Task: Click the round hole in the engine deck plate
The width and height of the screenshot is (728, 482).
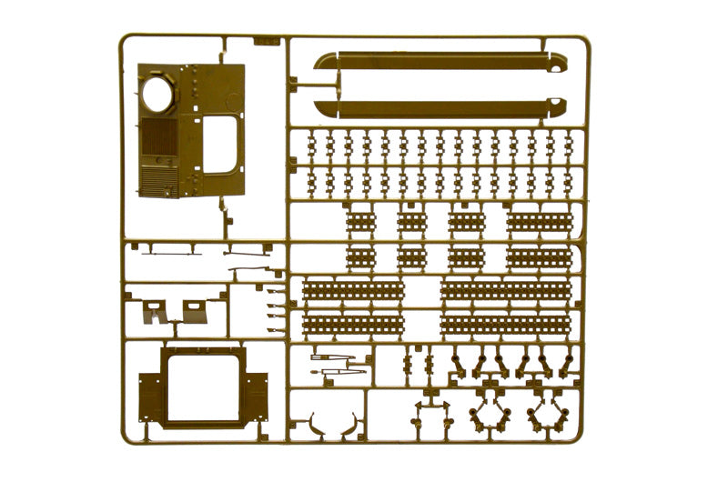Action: pyautogui.click(x=158, y=94)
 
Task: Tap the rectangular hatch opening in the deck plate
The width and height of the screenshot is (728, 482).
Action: pyautogui.click(x=220, y=146)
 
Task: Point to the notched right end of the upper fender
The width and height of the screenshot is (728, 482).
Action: pyautogui.click(x=557, y=62)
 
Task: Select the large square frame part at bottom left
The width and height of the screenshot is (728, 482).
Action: pyautogui.click(x=203, y=387)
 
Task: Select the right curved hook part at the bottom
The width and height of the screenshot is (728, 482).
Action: pyautogui.click(x=348, y=423)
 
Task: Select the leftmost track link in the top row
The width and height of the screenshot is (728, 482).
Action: pyautogui.click(x=312, y=143)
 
